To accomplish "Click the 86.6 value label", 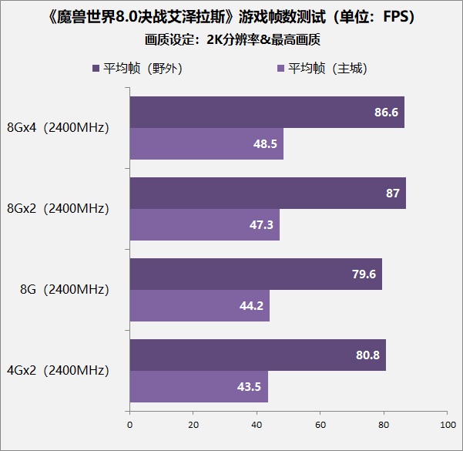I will pyautogui.click(x=386, y=113).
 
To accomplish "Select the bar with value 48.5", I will pyautogui.click(x=206, y=144).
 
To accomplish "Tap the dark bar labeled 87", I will pyautogui.click(x=267, y=193).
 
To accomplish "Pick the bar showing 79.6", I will pyautogui.click(x=256, y=274).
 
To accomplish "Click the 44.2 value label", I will pyautogui.click(x=251, y=305).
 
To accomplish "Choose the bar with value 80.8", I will pyautogui.click(x=257, y=355).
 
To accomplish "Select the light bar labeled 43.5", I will pyautogui.click(x=199, y=386).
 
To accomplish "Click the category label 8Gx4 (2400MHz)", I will pyautogui.click(x=58, y=128).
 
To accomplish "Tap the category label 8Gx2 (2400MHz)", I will pyautogui.click(x=58, y=208).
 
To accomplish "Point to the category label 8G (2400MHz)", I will pyautogui.click(x=65, y=290).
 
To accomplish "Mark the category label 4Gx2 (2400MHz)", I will pyautogui.click(x=58, y=371).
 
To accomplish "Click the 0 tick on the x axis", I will pyautogui.click(x=129, y=425).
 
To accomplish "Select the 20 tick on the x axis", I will pyautogui.click(x=193, y=425).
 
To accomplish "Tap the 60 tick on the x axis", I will pyautogui.click(x=320, y=425).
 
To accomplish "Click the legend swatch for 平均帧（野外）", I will pyautogui.click(x=96, y=69).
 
